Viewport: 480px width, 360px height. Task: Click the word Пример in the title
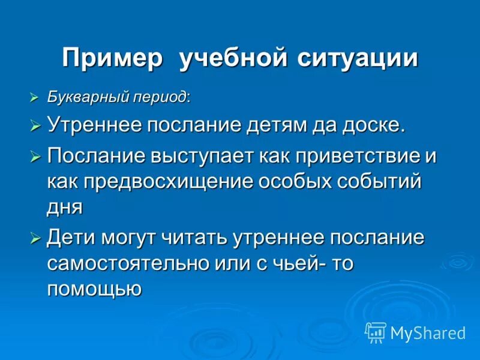113,59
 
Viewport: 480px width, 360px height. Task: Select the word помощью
94,289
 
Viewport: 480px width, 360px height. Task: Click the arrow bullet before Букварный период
35,97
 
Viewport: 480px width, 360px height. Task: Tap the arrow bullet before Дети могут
35,237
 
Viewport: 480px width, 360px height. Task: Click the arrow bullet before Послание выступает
35,157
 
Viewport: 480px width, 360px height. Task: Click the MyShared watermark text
428,333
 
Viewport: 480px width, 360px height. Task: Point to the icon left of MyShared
376,332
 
